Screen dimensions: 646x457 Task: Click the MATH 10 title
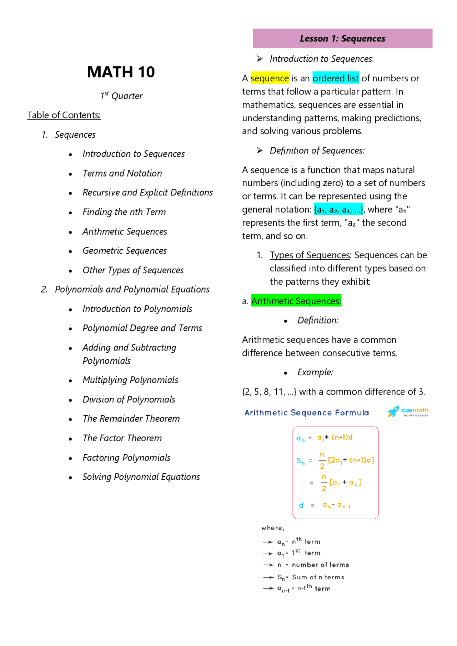pyautogui.click(x=121, y=72)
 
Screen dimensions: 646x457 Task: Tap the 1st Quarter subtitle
pyautogui.click(x=121, y=96)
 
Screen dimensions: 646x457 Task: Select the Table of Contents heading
pyautogui.click(x=64, y=115)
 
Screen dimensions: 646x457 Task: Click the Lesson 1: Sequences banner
pyautogui.click(x=342, y=39)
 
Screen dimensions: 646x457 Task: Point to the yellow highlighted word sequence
pyautogui.click(x=270, y=78)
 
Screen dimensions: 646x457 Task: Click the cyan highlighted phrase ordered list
pyautogui.click(x=336, y=78)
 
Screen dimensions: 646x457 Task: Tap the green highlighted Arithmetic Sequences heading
pyautogui.click(x=296, y=301)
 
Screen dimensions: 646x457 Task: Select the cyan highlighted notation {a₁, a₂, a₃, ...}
pyautogui.click(x=338, y=209)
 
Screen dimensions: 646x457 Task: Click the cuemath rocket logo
pyautogui.click(x=393, y=412)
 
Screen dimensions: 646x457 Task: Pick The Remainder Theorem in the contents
pyautogui.click(x=131, y=418)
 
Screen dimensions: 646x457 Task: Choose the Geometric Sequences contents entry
pyautogui.click(x=125, y=251)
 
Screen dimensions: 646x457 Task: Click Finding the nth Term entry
pyautogui.click(x=124, y=212)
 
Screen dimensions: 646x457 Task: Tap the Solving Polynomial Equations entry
pyautogui.click(x=141, y=477)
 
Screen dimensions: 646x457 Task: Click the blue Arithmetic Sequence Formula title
pyautogui.click(x=306, y=413)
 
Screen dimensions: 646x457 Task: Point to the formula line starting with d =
pyautogui.click(x=325, y=505)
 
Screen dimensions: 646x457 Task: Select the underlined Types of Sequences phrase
pyautogui.click(x=310, y=255)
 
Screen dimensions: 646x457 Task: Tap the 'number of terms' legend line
pyautogui.click(x=320, y=565)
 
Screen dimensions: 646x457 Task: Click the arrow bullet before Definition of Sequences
pyautogui.click(x=260, y=151)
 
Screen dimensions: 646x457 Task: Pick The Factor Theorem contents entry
pyautogui.click(x=122, y=438)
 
